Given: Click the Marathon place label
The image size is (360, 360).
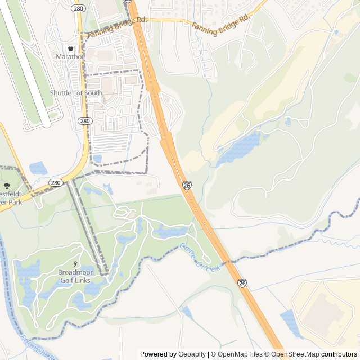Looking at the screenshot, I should click(x=70, y=57).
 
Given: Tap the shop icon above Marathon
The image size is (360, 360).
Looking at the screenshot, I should click(x=70, y=48).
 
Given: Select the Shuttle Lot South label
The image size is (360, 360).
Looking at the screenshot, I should click(x=76, y=93).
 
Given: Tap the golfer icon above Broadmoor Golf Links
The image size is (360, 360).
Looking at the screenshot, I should click(x=76, y=264).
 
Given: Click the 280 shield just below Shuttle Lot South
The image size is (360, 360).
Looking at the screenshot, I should click(x=84, y=121).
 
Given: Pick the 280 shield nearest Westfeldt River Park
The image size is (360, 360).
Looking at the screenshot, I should click(x=55, y=183).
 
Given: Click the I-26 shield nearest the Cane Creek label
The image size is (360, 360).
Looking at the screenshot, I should click(x=241, y=283).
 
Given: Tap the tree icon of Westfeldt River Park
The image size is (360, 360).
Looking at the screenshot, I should click(x=7, y=185).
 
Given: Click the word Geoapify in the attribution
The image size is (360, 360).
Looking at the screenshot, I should click(x=192, y=354).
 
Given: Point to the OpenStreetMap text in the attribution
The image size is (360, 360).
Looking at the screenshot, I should click(x=295, y=354).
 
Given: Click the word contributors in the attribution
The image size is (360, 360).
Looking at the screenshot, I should click(x=339, y=354).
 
